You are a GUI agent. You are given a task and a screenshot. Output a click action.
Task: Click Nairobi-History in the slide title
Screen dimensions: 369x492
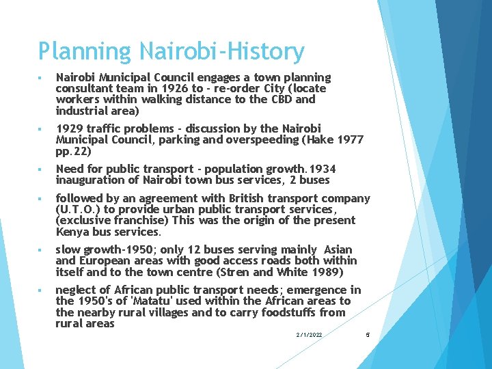[x=222, y=52]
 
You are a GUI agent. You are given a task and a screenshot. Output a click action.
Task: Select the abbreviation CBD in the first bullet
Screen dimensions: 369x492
[x=281, y=100]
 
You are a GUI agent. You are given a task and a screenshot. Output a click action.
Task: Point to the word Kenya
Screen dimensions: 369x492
[x=71, y=231]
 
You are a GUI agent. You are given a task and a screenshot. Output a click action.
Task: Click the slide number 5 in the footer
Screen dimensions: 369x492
[x=367, y=335]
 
